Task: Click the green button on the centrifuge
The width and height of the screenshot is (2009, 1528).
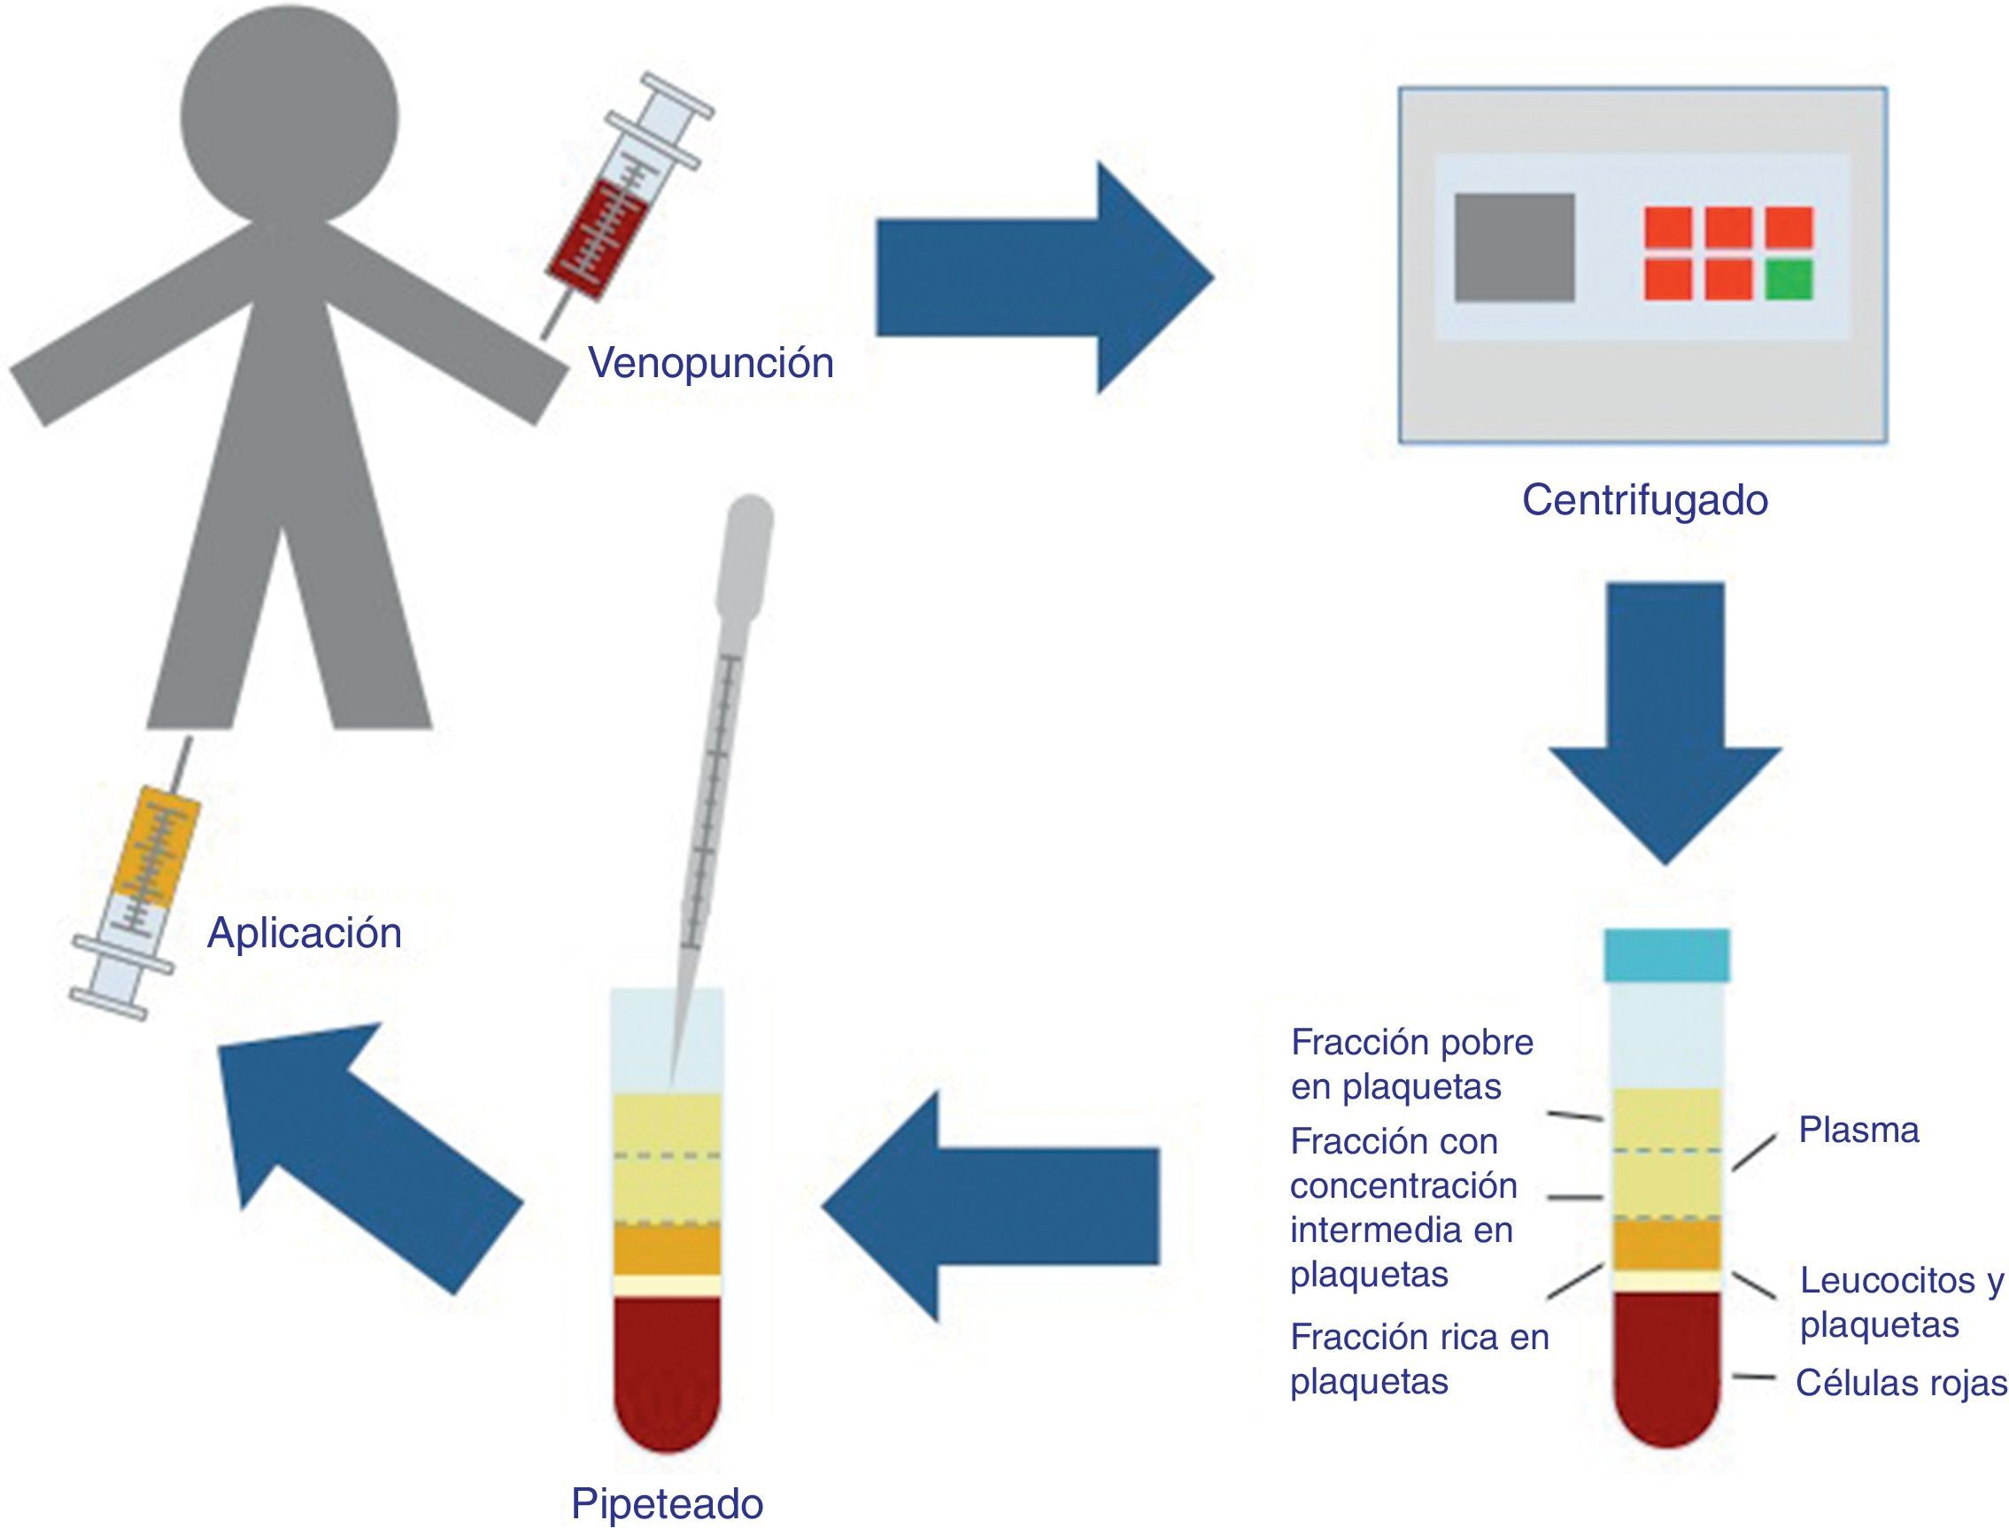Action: pyautogui.click(x=1789, y=279)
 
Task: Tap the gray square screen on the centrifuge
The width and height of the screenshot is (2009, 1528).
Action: pyautogui.click(x=1514, y=247)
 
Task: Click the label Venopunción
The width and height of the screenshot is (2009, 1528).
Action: pyautogui.click(x=710, y=363)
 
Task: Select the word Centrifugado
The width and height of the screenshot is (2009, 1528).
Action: pyautogui.click(x=1644, y=500)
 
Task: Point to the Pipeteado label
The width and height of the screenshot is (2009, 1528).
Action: pyautogui.click(x=667, y=1502)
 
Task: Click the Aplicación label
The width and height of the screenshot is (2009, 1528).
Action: pyautogui.click(x=304, y=933)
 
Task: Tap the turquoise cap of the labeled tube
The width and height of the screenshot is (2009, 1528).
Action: pyautogui.click(x=1666, y=955)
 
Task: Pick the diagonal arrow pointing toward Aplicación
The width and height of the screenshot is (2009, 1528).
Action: pyautogui.click(x=364, y=1146)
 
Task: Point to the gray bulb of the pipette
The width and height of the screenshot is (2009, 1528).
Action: pyautogui.click(x=746, y=555)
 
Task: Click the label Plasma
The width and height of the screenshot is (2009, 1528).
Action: pyautogui.click(x=1858, y=1131)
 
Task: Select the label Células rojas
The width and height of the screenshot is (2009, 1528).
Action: pyautogui.click(x=1901, y=1384)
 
